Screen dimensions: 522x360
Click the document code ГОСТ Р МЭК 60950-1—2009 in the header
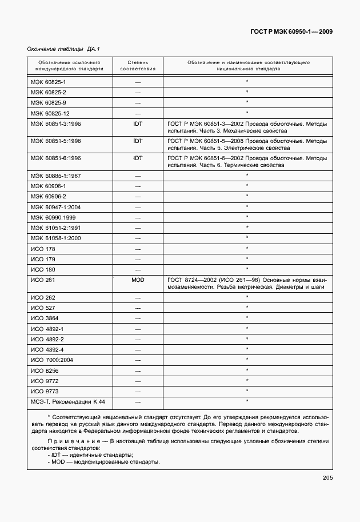(x=291, y=32)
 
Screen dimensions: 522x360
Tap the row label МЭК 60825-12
(x=50, y=113)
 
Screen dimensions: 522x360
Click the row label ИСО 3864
(x=45, y=318)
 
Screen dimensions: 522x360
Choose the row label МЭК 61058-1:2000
(x=56, y=238)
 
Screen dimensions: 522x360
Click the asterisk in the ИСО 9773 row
(x=247, y=391)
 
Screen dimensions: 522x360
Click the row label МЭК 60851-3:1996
(x=56, y=123)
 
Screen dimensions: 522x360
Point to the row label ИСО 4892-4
(x=47, y=349)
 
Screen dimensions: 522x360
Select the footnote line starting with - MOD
(x=97, y=462)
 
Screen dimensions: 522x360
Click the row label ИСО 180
(x=42, y=269)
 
